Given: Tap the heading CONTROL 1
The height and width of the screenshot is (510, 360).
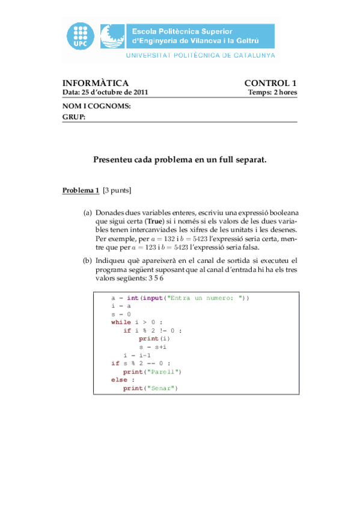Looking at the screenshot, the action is tap(270, 83).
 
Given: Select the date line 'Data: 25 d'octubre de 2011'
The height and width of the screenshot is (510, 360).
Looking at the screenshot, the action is tap(105, 93).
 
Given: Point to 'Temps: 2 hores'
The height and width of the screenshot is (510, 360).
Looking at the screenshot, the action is tap(272, 93).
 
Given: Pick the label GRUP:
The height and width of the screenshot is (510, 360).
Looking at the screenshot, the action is tap(74, 117).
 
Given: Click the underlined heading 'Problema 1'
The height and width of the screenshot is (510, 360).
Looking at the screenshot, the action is tap(81, 191).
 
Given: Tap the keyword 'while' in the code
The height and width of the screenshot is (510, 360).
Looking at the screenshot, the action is tap(121, 322).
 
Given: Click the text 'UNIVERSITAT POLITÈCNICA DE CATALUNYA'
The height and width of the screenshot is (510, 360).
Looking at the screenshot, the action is tap(200, 55).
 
